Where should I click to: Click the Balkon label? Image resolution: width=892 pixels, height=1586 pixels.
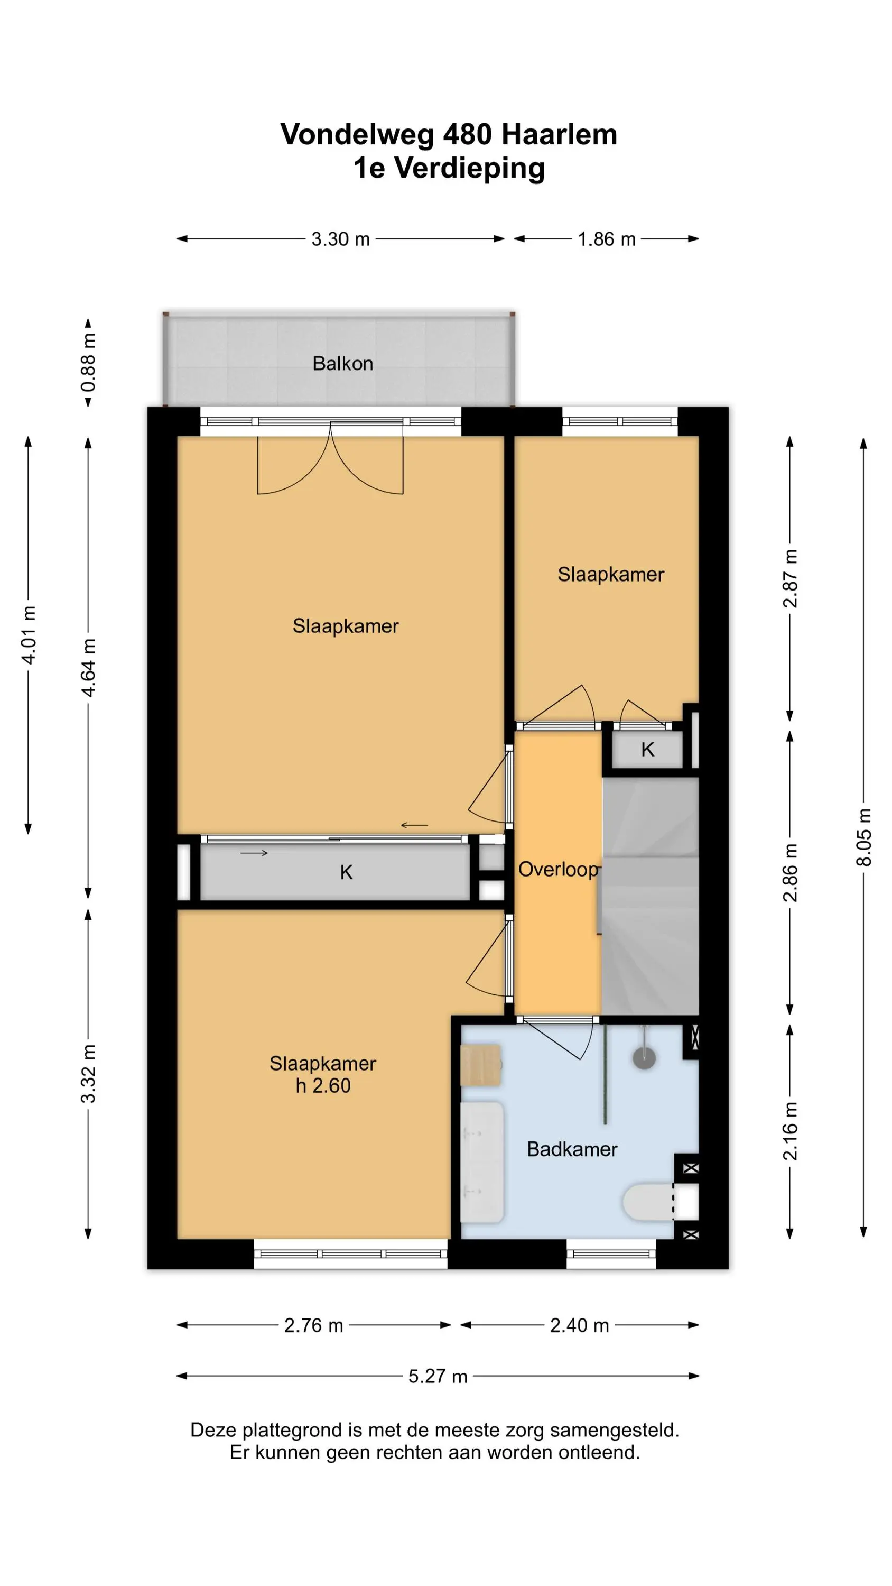[x=342, y=363]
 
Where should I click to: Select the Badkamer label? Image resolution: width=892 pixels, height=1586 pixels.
[x=572, y=1149]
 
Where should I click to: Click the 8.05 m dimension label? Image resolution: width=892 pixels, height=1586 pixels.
[x=863, y=837]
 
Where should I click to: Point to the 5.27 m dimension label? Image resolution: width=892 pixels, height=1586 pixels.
[x=438, y=1376]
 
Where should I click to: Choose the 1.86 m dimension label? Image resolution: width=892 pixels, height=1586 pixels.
[x=606, y=239]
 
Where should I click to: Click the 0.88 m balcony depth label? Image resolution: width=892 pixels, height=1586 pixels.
[x=88, y=362]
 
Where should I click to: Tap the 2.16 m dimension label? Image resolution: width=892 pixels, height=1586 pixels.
[x=790, y=1132]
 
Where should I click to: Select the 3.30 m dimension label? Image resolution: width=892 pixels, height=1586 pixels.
[x=340, y=239]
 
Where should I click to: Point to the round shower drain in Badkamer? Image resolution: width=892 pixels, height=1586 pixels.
[x=644, y=1058]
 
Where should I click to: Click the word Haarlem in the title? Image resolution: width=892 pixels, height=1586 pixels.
[x=559, y=134]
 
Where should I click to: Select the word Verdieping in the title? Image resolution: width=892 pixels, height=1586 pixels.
[x=470, y=169]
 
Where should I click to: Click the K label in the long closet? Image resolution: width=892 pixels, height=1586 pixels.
[x=346, y=872]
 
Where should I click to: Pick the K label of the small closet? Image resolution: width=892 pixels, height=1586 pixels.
[x=648, y=749]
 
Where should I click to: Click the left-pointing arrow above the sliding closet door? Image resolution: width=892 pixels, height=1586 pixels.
[x=414, y=825]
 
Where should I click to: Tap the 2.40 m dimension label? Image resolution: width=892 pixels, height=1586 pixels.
[x=579, y=1325]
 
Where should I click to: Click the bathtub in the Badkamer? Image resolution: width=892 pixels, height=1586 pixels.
[x=482, y=1163]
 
